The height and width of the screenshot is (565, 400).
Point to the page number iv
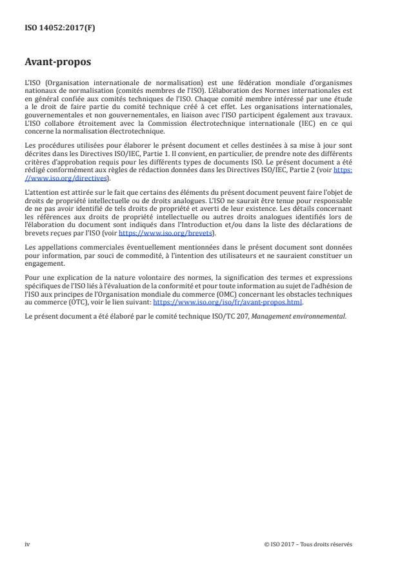coord(27,544)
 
